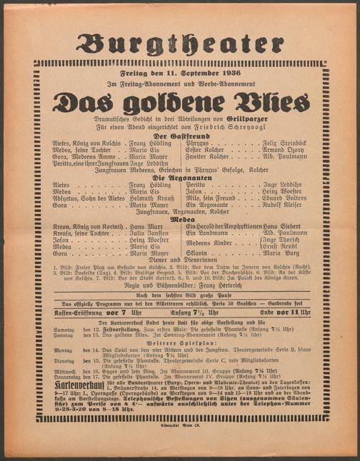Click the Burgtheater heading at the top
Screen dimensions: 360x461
click(180, 44)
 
